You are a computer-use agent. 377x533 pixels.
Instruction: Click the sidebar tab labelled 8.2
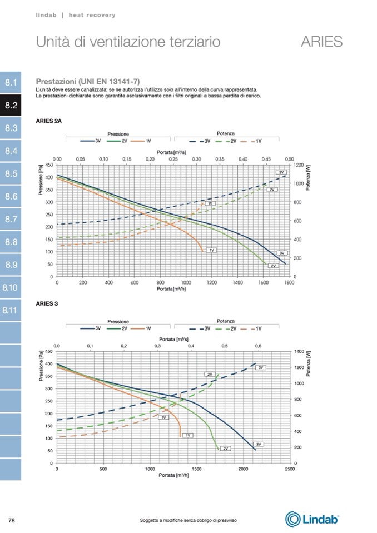point(11,106)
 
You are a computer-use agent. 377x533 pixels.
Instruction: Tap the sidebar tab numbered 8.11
point(11,310)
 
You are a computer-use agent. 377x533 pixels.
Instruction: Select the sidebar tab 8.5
point(11,174)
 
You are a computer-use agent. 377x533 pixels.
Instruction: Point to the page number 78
point(11,520)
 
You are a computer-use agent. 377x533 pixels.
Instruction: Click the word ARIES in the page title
point(321,42)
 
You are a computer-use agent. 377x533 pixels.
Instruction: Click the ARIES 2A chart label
point(48,121)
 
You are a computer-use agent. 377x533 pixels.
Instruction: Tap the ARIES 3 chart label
point(47,304)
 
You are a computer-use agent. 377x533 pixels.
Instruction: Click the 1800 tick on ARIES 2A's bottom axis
point(288,283)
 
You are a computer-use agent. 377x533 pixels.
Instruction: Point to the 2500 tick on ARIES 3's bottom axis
point(289,469)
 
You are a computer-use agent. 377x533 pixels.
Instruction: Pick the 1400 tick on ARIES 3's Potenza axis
point(300,352)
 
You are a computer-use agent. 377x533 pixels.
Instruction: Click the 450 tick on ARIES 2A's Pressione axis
point(49,165)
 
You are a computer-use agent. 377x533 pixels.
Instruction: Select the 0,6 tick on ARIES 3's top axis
point(258,346)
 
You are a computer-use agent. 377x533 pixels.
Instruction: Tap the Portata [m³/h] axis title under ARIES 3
point(173,475)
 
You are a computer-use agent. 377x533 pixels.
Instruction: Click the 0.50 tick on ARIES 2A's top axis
point(289,159)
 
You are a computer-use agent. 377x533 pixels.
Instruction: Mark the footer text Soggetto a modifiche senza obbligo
point(188,520)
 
